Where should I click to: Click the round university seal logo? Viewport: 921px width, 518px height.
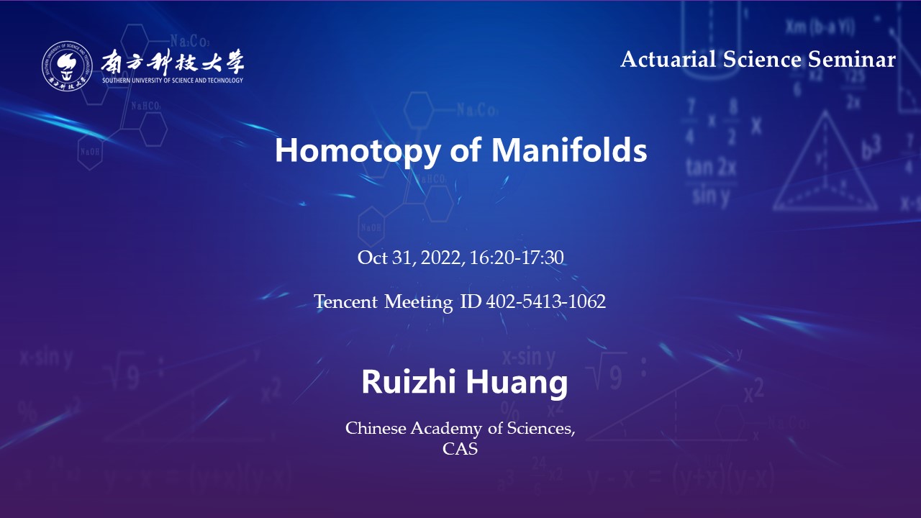click(x=67, y=65)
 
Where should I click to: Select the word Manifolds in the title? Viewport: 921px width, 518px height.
click(x=569, y=150)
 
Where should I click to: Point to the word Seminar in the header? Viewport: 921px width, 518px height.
click(x=852, y=59)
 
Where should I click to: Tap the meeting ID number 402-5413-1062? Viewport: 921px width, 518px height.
click(x=545, y=301)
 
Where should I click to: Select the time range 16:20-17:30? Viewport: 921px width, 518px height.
click(x=517, y=258)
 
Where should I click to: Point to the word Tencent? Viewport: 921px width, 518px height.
click(x=346, y=301)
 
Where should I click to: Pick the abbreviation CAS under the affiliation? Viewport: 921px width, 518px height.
click(x=460, y=449)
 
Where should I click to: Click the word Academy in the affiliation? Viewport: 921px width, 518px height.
click(x=446, y=429)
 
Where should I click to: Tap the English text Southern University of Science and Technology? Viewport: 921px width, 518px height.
click(x=173, y=80)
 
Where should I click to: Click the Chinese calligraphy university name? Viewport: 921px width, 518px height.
click(x=173, y=62)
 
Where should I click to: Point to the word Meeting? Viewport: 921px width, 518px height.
click(x=419, y=302)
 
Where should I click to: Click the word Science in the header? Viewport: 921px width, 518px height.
click(x=762, y=59)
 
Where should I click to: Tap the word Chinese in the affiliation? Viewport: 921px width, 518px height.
click(x=376, y=428)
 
